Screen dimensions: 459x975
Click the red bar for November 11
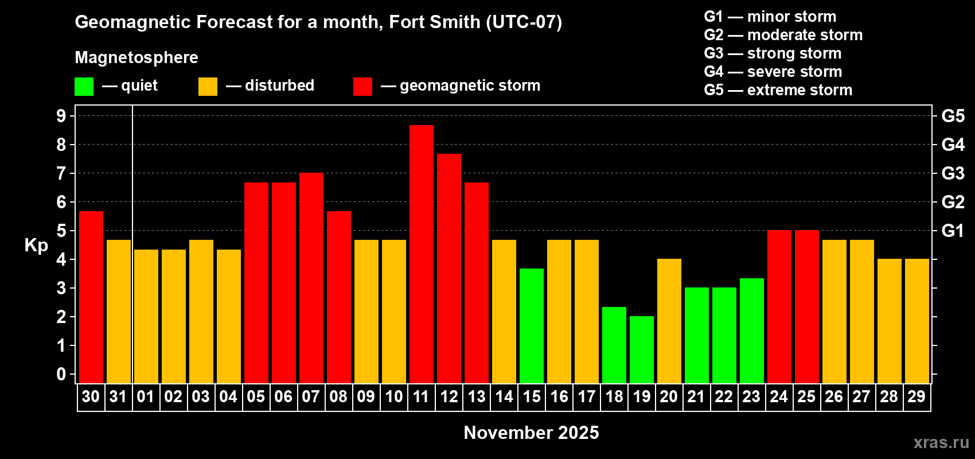(421, 254)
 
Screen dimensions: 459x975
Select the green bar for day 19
(641, 349)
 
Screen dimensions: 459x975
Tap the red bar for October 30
(91, 297)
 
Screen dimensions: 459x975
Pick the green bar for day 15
(531, 325)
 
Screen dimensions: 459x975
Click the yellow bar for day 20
(669, 321)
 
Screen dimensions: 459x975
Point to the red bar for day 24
(779, 306)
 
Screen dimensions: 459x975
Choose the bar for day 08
(338, 297)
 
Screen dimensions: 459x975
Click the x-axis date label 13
(477, 396)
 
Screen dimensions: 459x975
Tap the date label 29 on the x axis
(916, 396)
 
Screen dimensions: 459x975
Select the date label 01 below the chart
(146, 396)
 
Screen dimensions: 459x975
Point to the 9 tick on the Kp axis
(61, 116)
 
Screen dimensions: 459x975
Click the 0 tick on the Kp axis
(61, 374)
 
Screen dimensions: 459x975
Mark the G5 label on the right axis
(953, 116)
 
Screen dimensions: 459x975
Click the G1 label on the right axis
(953, 231)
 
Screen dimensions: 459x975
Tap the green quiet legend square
(84, 87)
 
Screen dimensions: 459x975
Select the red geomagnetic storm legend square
(362, 87)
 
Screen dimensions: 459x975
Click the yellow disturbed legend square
(208, 87)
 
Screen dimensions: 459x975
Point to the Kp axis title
(36, 245)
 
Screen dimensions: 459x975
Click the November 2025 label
(531, 433)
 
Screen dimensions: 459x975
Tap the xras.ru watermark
(941, 442)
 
